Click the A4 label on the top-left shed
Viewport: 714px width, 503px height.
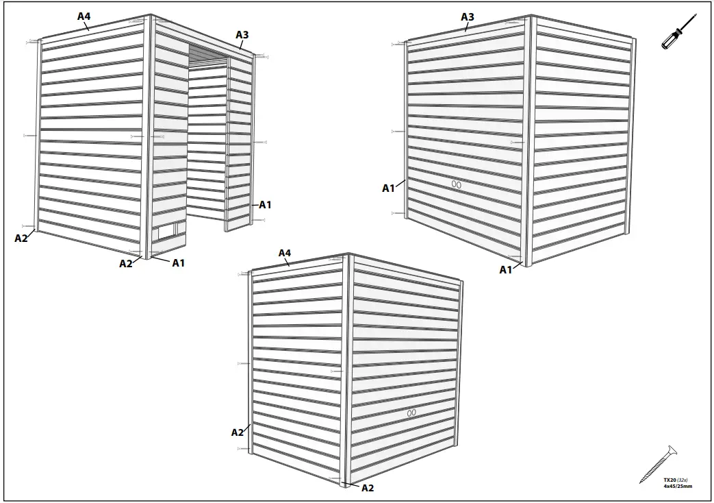click(x=84, y=16)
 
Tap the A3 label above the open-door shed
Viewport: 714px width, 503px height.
click(x=242, y=34)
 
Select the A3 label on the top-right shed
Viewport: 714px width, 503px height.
click(x=468, y=16)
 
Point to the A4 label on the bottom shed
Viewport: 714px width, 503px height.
click(x=285, y=253)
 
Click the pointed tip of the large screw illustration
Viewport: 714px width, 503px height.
click(x=642, y=482)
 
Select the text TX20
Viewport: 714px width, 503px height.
click(x=670, y=480)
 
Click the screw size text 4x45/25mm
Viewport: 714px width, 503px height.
click(x=677, y=486)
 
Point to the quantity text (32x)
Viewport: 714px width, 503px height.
click(x=683, y=480)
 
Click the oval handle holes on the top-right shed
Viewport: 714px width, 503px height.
click(x=457, y=184)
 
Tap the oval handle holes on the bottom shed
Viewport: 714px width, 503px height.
click(x=411, y=413)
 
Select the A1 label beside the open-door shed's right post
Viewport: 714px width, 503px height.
click(x=265, y=204)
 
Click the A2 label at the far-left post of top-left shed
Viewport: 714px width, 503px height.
click(x=21, y=238)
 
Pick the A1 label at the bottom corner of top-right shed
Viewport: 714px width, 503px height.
click(x=505, y=270)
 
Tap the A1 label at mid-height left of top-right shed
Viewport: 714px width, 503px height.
click(x=388, y=188)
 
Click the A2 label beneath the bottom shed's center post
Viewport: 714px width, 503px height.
click(x=368, y=488)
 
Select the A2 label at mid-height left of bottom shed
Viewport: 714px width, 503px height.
click(x=237, y=432)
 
